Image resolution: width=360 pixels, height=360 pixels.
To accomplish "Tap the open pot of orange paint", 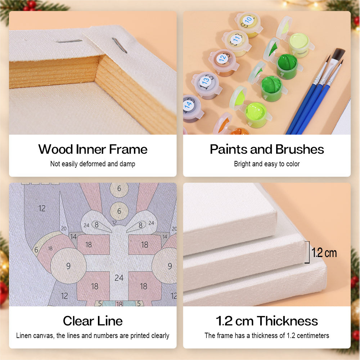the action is coord(239,131).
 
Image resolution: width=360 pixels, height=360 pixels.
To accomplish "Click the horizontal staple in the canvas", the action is coord(69,41).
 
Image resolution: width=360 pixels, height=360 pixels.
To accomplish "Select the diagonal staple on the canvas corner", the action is coord(120,45).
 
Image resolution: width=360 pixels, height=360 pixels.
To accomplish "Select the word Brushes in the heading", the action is coord(300,149).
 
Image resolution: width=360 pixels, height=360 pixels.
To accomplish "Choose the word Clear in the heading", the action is coord(78,321).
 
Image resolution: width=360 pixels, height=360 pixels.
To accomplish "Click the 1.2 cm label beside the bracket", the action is coord(324,253).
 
